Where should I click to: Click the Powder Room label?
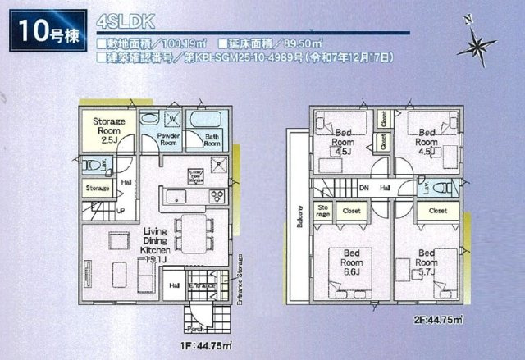tap(169, 139)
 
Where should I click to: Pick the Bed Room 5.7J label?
tap(427, 263)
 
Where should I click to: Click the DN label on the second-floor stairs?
tap(363, 188)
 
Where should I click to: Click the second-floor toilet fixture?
tap(445, 187)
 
